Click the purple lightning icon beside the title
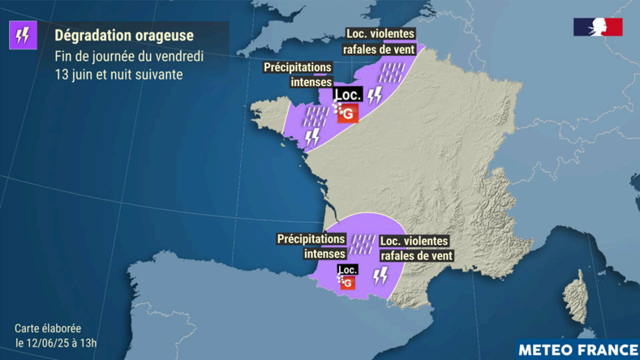(24, 35)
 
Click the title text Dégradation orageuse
(124, 36)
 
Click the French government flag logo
(598, 28)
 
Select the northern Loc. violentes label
(380, 35)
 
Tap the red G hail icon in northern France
(348, 114)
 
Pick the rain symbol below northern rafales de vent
(393, 73)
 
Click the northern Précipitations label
(298, 67)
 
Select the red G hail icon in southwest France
(348, 283)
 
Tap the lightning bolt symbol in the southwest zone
(380, 276)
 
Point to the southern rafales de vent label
(416, 256)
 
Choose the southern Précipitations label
(311, 239)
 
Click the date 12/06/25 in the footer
(46, 343)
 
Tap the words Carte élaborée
(48, 328)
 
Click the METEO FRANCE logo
(577, 349)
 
